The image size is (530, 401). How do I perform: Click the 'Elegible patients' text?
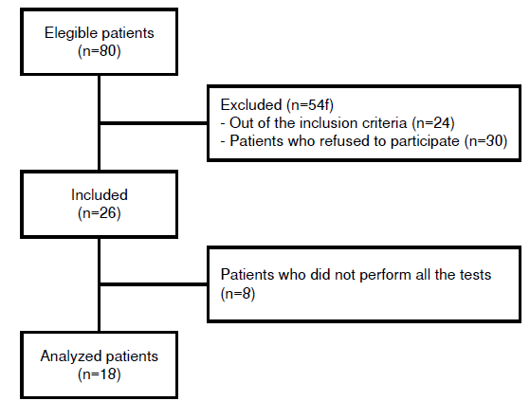99,34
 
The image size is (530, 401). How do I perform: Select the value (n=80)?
99,50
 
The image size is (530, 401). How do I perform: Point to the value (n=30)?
484,140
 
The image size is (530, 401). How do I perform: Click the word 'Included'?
99,195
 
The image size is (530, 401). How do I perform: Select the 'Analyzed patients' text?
99,356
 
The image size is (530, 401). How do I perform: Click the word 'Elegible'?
70,34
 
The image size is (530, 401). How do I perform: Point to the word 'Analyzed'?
69,356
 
